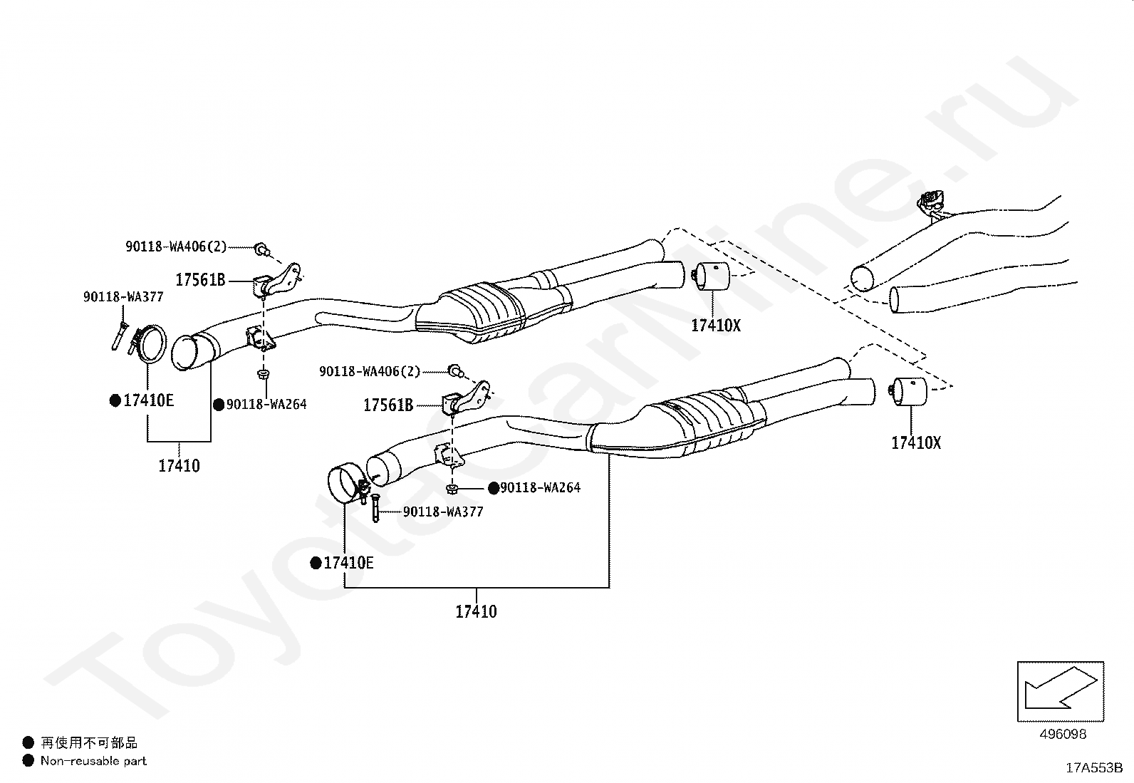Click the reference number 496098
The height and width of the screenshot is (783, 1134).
(x=1062, y=734)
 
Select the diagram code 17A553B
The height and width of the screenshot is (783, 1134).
(x=1093, y=768)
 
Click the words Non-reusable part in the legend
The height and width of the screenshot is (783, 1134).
(x=93, y=761)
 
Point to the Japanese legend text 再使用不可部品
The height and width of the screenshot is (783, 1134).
(x=89, y=743)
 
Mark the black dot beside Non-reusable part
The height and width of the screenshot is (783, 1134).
(x=28, y=761)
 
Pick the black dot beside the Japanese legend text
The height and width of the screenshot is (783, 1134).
(x=28, y=743)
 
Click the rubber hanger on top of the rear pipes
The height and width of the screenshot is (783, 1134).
(x=932, y=202)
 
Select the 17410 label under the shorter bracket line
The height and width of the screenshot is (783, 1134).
(x=179, y=466)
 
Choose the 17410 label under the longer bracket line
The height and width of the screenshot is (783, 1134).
(x=476, y=611)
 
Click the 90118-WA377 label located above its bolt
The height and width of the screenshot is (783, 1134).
(x=123, y=297)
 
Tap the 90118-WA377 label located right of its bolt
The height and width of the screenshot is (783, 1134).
(x=443, y=512)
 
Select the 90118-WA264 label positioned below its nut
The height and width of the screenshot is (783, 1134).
(x=266, y=404)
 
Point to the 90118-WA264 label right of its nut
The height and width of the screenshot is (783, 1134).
(x=540, y=488)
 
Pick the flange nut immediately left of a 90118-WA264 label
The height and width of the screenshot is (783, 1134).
(x=452, y=488)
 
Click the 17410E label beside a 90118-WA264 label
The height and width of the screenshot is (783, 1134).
(x=148, y=400)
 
